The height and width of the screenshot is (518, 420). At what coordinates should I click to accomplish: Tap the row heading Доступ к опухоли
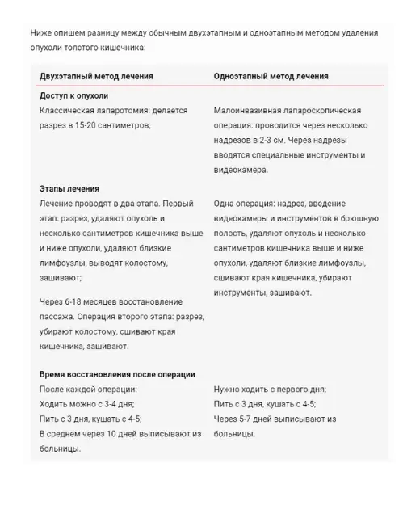pyautogui.click(x=73, y=95)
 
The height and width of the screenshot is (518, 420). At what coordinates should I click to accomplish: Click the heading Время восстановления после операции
pyautogui.click(x=117, y=374)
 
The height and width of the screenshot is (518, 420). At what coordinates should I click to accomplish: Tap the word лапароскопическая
pyautogui.click(x=326, y=109)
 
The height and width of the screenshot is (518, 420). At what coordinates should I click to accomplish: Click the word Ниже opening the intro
pyautogui.click(x=43, y=33)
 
